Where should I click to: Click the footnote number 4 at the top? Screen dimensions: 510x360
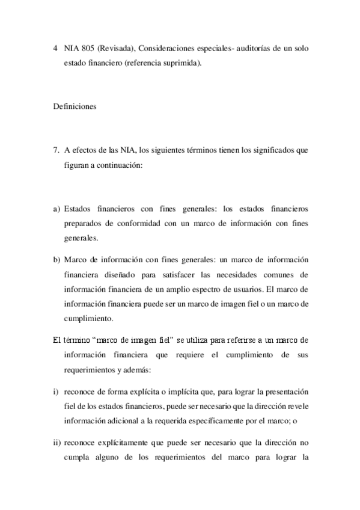point(55,48)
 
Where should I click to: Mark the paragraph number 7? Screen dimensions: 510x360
point(55,150)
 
